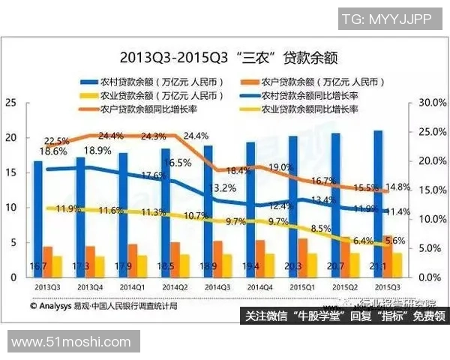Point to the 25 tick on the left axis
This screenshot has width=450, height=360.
pos(10,103)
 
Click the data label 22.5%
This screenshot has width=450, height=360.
pos(57,140)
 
